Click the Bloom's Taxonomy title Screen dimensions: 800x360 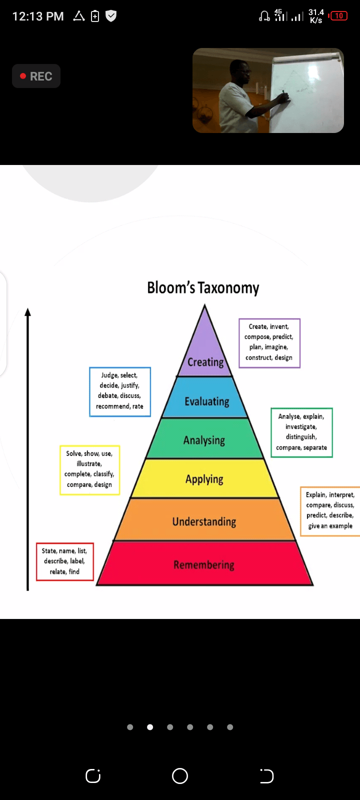point(203,288)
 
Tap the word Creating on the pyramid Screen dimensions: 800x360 point(205,362)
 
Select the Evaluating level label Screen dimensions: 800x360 point(206,401)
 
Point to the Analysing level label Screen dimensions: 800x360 point(204,440)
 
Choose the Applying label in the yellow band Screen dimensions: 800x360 point(204,479)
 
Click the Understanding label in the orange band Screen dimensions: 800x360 point(204,521)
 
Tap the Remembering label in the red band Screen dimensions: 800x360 point(203,565)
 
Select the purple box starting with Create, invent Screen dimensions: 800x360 point(269,342)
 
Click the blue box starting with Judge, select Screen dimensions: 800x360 point(119,391)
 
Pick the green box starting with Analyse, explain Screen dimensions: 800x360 point(301,432)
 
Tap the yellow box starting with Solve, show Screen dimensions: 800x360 point(89,469)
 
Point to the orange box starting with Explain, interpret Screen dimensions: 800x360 point(330,510)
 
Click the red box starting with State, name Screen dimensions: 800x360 point(64,561)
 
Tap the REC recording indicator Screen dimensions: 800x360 point(36,76)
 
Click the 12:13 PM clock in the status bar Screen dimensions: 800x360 point(37,16)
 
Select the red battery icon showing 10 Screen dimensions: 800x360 point(338,16)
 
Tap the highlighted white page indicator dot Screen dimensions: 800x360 point(150,727)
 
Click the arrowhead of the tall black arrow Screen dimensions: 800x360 point(27,312)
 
